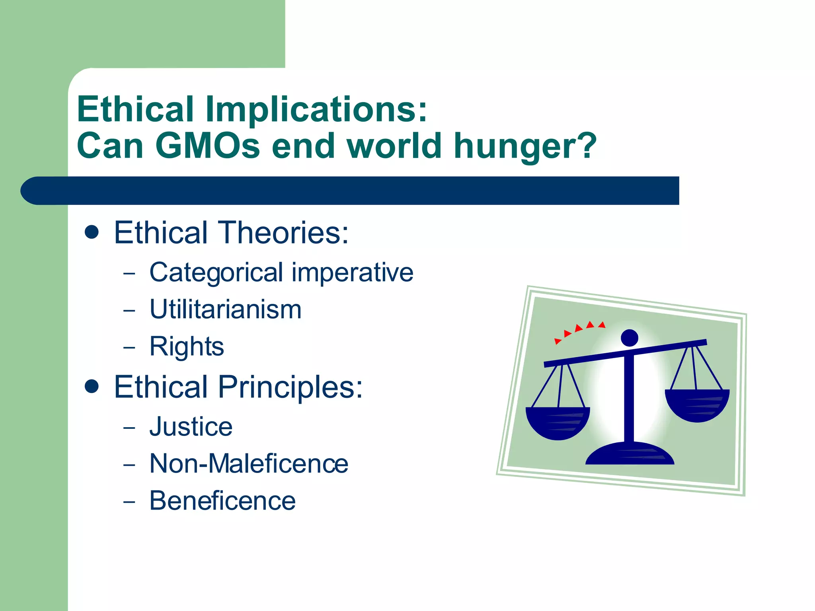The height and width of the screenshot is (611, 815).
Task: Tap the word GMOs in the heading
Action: click(x=208, y=146)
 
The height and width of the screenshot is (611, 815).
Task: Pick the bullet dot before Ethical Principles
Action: click(x=92, y=386)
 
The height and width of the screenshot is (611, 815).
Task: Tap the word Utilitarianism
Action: click(x=225, y=309)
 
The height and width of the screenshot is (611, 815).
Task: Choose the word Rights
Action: click(x=187, y=346)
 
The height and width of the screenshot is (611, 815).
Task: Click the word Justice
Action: click(x=191, y=427)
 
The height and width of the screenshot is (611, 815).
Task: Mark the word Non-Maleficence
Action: click(x=249, y=464)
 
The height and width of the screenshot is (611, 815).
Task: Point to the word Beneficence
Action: click(x=222, y=501)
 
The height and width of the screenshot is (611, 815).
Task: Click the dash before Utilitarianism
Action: click(x=129, y=311)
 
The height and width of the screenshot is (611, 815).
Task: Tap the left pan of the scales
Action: click(x=557, y=422)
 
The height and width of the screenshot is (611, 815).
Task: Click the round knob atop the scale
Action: click(x=629, y=338)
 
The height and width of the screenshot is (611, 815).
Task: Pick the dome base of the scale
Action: click(x=630, y=454)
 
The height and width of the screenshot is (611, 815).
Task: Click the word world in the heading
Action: click(x=394, y=146)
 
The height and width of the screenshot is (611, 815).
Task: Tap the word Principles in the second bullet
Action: click(x=291, y=387)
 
